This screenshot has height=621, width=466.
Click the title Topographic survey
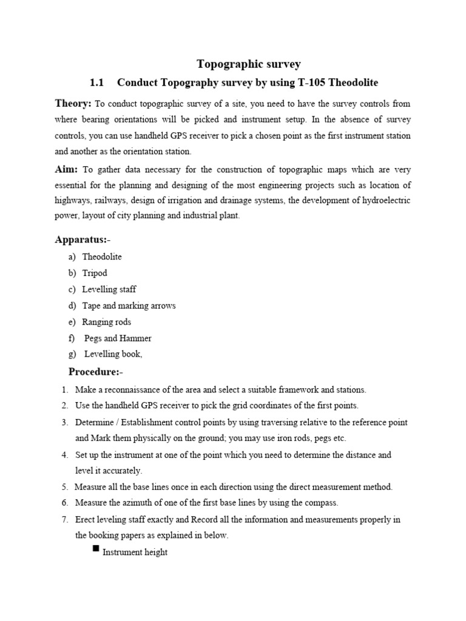coord(249,64)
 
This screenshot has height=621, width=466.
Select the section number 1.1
coord(97,82)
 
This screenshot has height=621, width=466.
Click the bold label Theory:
coord(73,103)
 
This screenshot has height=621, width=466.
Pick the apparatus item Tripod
coord(95,273)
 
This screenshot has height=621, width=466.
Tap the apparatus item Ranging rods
coord(107,322)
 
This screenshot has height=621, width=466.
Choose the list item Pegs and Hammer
coord(118,338)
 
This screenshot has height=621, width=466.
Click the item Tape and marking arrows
coord(129,306)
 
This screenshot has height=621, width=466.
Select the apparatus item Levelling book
coord(113,354)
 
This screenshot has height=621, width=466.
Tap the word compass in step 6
coord(322,503)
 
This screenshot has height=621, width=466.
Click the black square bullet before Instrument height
coord(95,549)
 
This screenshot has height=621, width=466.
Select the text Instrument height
coord(135,552)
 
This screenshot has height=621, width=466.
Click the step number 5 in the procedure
coord(64,486)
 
